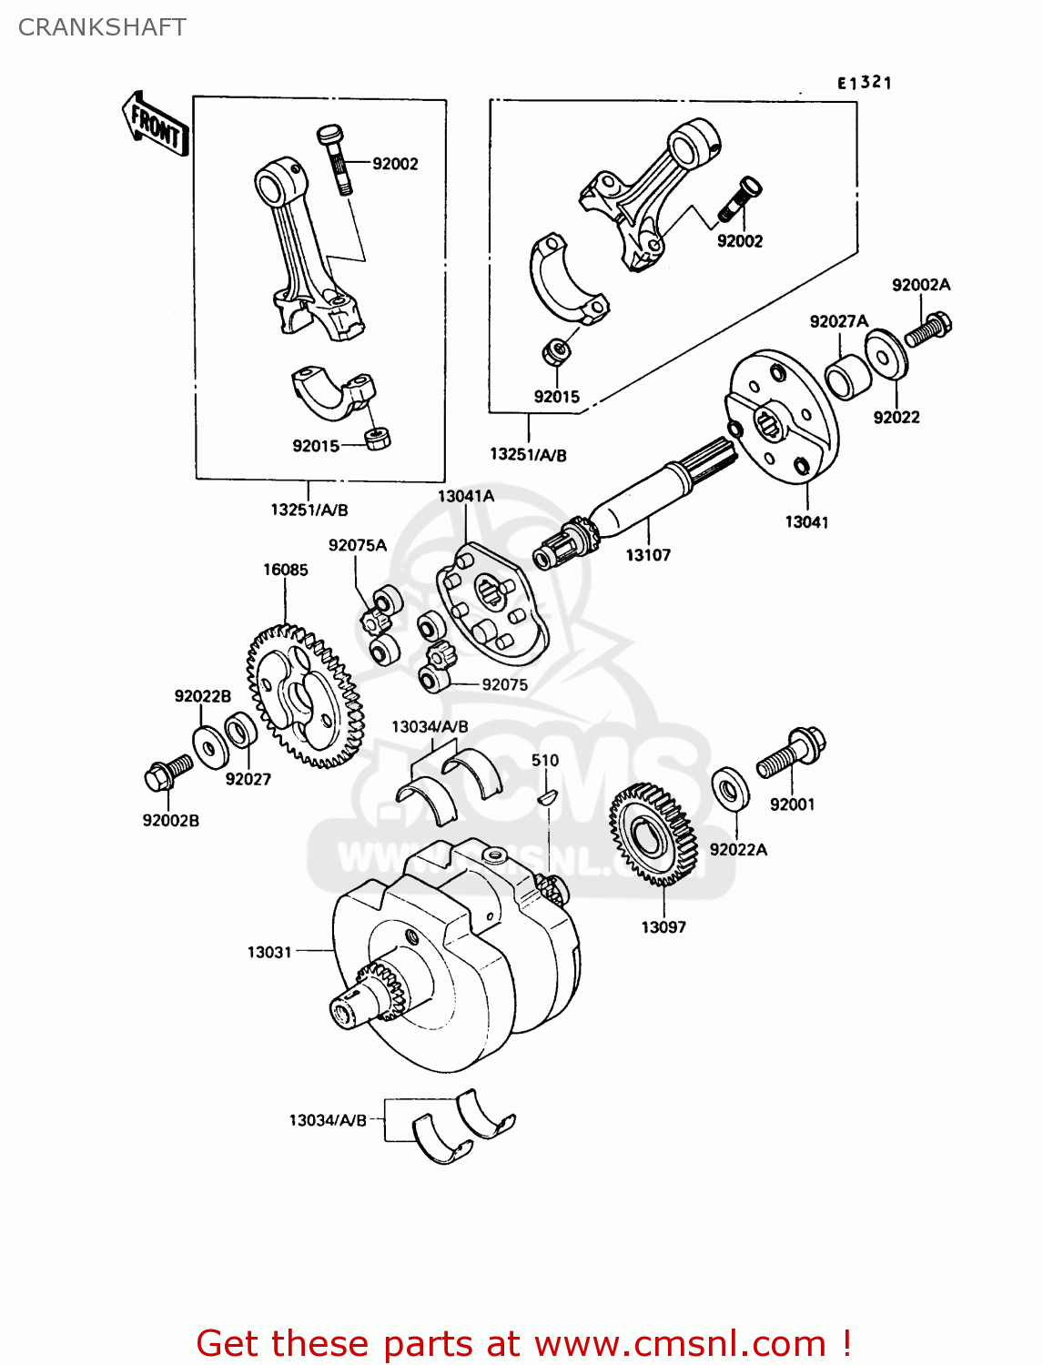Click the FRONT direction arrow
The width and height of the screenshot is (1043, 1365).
(156, 125)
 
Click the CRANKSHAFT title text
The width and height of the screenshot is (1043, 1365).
(102, 27)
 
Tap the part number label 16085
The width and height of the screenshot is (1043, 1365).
(285, 570)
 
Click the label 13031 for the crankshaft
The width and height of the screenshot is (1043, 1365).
(269, 952)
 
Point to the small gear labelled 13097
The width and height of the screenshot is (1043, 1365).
(653, 835)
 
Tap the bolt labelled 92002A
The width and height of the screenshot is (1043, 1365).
(927, 328)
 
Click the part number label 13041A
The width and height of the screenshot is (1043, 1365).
(465, 496)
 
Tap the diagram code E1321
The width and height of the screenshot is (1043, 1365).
(864, 83)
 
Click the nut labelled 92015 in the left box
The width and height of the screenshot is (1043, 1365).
(378, 438)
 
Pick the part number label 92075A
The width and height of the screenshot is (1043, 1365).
(357, 545)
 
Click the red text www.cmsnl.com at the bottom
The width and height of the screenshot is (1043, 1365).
(679, 1343)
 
